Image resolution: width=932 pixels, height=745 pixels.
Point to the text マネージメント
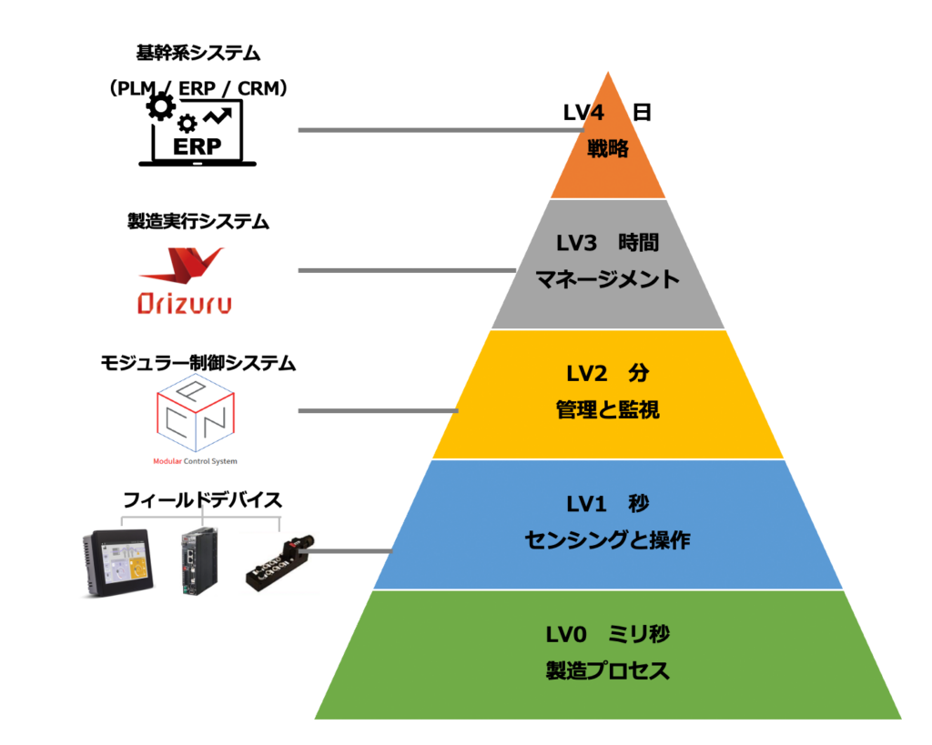click(608, 279)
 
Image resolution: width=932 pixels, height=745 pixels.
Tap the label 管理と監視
click(608, 411)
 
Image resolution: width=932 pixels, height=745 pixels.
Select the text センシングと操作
click(608, 541)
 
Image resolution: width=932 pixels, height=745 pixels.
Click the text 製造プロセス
click(608, 672)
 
